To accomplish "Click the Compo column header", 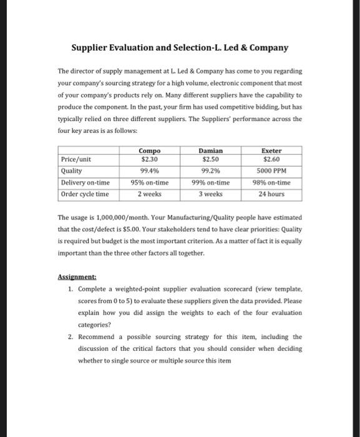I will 150,150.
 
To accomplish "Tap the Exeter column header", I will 272,150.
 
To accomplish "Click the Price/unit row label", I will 76,159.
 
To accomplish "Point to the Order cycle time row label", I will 85,194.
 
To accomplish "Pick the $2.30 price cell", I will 150,159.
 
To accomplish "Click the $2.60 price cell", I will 272,159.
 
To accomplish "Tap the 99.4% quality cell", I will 150,170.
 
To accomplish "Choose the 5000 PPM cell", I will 272,170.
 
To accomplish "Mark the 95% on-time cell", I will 150,182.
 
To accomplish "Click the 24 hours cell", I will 272,194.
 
